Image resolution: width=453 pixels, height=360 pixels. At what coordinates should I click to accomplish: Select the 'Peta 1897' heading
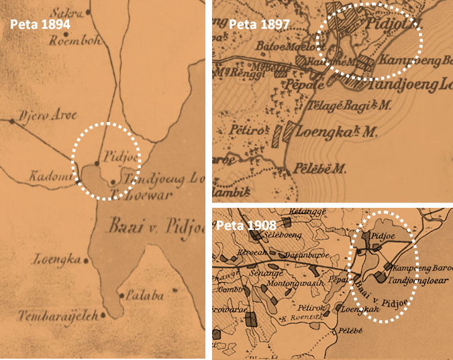pyautogui.click(x=259, y=25)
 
